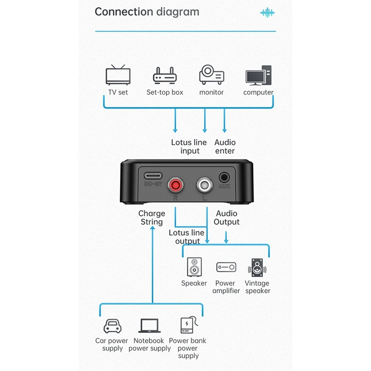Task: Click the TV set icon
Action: [x=118, y=76]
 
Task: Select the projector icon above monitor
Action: [x=211, y=75]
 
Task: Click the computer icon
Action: [x=258, y=75]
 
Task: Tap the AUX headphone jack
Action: [x=224, y=177]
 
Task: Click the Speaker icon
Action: [x=194, y=268]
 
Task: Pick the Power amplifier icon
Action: [x=226, y=268]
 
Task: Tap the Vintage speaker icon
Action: [x=257, y=268]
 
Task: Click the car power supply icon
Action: [x=112, y=326]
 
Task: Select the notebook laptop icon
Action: [x=149, y=326]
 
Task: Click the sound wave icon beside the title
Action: [x=267, y=13]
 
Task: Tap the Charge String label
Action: [x=152, y=217]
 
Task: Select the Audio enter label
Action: [x=225, y=147]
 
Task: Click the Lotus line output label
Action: [x=187, y=237]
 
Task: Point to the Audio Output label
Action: [x=226, y=217]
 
